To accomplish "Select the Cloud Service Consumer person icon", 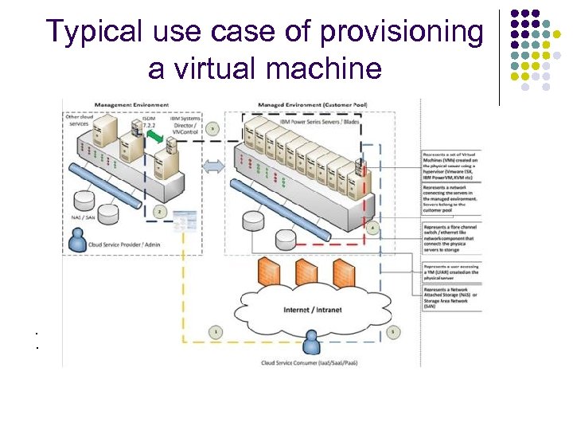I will (311, 342).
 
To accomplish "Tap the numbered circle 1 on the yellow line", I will (215, 330).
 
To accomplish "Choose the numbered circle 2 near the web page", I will (160, 212).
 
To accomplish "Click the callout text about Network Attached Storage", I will (450, 296).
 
